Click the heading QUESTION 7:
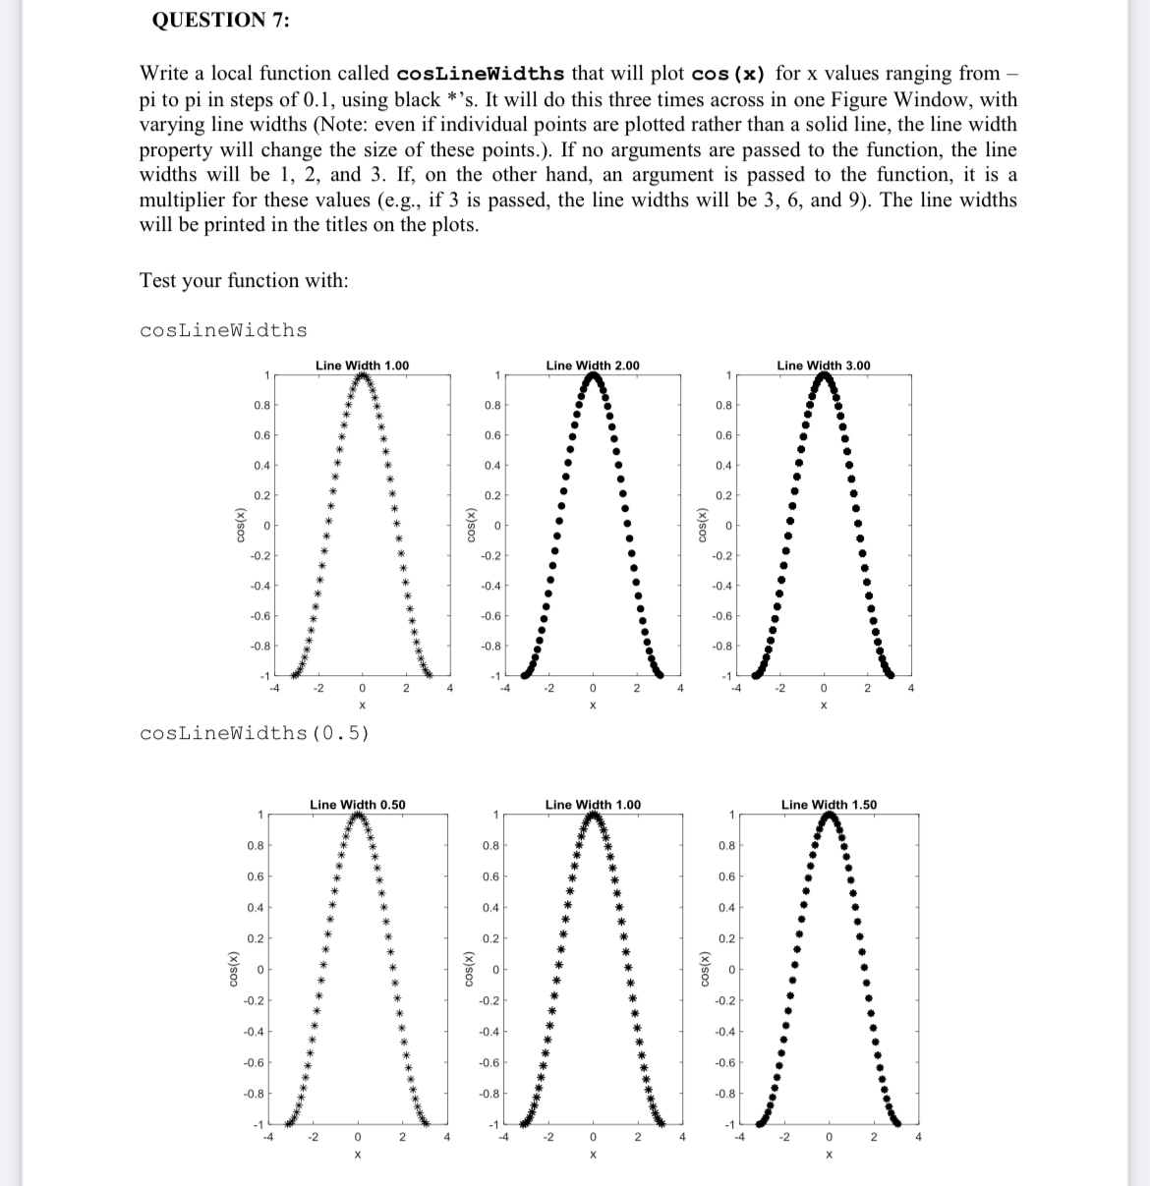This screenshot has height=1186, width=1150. (220, 21)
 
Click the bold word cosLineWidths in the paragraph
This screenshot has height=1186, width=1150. (481, 74)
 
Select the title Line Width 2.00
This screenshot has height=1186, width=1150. (592, 366)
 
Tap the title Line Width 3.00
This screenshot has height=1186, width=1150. (823, 366)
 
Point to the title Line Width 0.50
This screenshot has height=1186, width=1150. (357, 805)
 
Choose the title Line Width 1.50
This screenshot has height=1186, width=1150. (829, 805)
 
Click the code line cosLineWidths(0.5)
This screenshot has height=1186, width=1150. (255, 733)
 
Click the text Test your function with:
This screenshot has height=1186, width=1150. (244, 280)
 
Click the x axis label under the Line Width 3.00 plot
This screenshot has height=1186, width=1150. (824, 706)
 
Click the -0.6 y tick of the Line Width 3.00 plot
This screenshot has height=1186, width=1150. (722, 616)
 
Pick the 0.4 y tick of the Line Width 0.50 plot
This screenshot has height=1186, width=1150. (255, 907)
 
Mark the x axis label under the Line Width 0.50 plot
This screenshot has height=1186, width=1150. (358, 1156)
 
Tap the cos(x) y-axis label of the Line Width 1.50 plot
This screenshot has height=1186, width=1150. (701, 969)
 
